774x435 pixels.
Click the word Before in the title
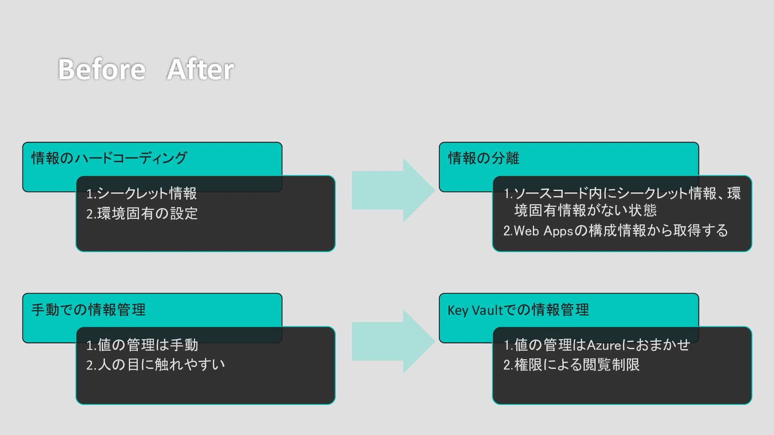tap(102, 69)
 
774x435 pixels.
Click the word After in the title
tap(200, 69)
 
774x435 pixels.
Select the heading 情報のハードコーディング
tap(109, 158)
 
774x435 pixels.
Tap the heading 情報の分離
tap(483, 158)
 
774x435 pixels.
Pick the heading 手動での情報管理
tap(88, 309)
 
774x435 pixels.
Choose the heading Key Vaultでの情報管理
tap(518, 309)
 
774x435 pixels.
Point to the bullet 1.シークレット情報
tap(141, 193)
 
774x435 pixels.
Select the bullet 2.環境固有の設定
tap(142, 213)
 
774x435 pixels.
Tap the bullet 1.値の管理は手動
tap(142, 345)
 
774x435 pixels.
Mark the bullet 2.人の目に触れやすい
tap(155, 365)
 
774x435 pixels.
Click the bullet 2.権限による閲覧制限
tap(571, 365)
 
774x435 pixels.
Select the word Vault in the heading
tap(487, 310)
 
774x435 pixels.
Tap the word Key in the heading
tap(458, 310)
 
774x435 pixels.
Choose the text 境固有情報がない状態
tap(585, 210)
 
